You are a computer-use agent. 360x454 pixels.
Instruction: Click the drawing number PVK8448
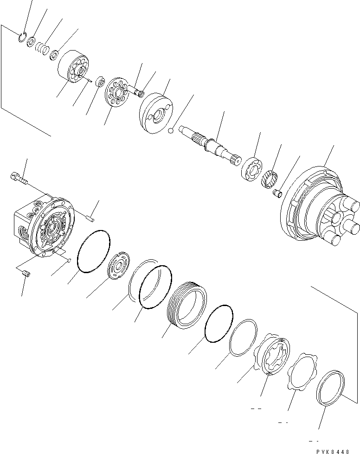pyautogui.click(x=339, y=450)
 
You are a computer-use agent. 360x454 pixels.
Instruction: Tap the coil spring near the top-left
pyautogui.click(x=43, y=48)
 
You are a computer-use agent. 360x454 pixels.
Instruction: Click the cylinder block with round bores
pyautogui.click(x=74, y=68)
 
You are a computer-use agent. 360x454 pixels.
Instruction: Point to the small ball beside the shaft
pyautogui.click(x=171, y=131)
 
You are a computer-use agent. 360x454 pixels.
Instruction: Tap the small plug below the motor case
pyautogui.click(x=26, y=275)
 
